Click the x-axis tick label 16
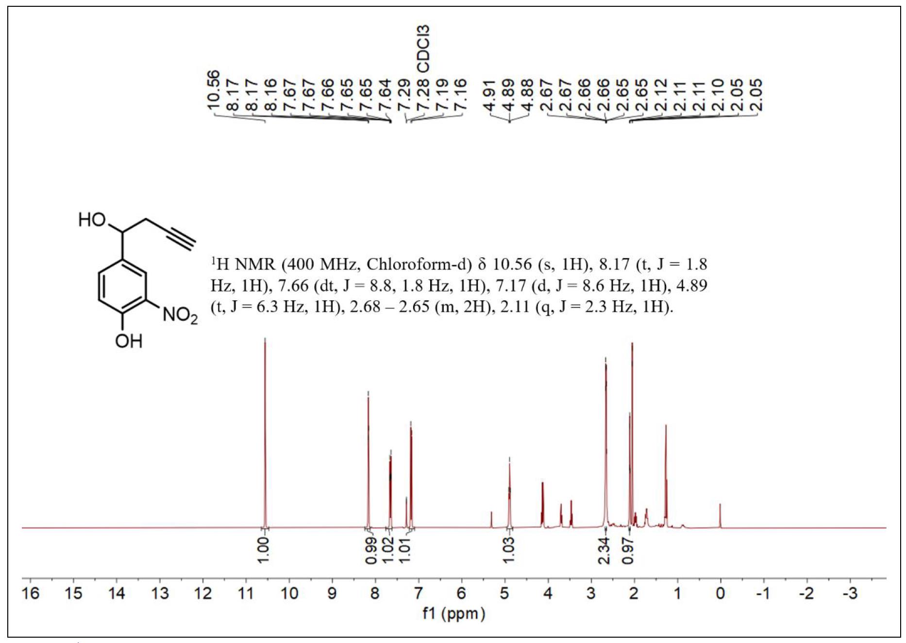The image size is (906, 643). pyautogui.click(x=30, y=594)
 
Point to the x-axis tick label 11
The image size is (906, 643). pyautogui.click(x=246, y=594)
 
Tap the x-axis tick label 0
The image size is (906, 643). pyautogui.click(x=720, y=594)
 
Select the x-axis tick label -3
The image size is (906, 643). pyautogui.click(x=850, y=594)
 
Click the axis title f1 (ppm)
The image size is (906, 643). pyautogui.click(x=453, y=614)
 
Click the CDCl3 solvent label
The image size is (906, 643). pyautogui.click(x=423, y=49)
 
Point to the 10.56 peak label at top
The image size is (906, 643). pyautogui.click(x=214, y=90)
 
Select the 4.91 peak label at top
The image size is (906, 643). pyautogui.click(x=490, y=95)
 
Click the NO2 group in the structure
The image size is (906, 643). pyautogui.click(x=180, y=315)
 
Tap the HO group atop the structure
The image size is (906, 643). pyautogui.click(x=92, y=220)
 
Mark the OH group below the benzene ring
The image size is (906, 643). pyautogui.click(x=129, y=341)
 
